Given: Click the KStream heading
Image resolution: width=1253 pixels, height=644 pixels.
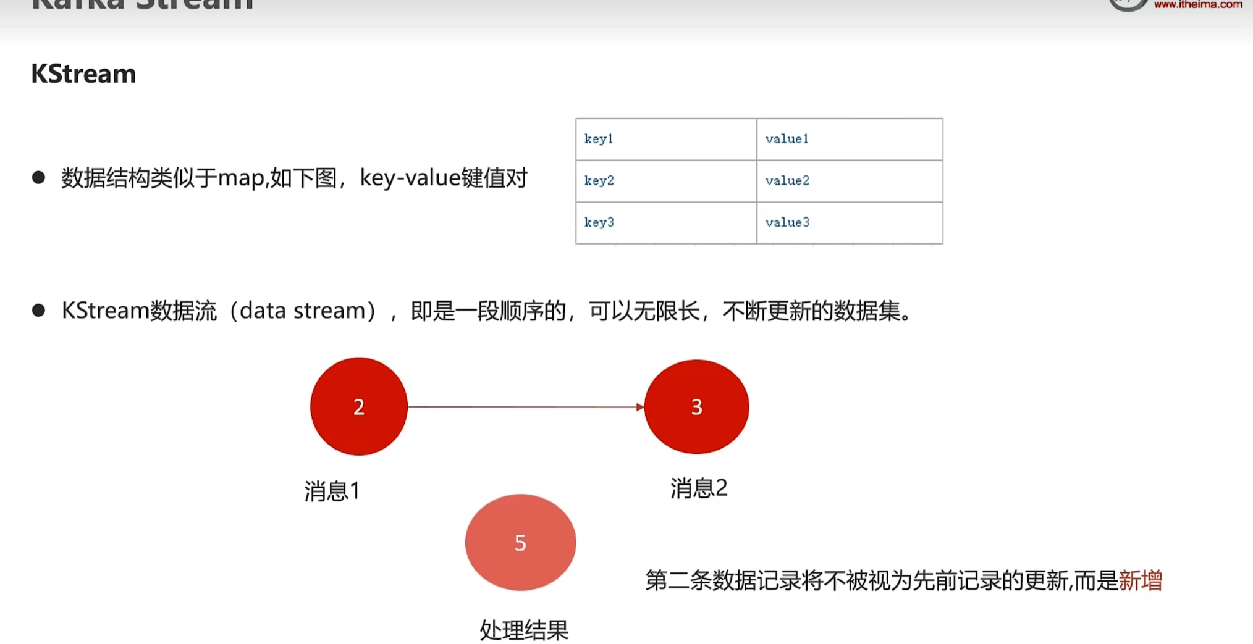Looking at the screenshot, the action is point(83,74).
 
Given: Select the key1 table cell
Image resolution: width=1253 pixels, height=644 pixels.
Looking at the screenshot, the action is point(665,140).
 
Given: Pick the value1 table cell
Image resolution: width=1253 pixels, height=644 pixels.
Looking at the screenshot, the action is point(849,140).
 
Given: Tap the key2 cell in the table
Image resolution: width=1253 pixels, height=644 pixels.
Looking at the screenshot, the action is point(665,181).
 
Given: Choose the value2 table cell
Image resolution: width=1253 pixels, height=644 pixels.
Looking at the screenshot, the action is point(849,181).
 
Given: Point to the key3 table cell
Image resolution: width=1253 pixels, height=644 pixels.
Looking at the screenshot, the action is point(665,222).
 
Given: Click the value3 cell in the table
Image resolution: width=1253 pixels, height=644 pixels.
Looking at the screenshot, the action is point(849,222).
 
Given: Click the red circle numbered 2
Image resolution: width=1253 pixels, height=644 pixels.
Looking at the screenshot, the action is point(359,406).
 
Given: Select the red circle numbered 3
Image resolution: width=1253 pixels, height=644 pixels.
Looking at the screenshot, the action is point(696,406).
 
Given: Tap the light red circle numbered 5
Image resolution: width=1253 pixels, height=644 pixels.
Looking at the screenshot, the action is point(520,542).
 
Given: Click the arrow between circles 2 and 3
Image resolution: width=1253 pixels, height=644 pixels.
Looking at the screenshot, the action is point(525,407).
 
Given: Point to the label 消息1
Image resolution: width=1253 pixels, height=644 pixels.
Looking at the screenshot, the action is point(332,491).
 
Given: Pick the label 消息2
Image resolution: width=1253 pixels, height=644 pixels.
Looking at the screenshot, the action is point(699,488).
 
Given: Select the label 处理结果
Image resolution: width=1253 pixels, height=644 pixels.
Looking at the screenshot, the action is point(524,630).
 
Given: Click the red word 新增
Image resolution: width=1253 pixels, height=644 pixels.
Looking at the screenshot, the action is point(1140,580).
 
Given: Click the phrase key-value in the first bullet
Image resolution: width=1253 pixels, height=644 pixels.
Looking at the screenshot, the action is point(410,178).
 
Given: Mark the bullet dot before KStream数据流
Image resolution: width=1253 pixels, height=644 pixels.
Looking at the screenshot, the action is point(38,310).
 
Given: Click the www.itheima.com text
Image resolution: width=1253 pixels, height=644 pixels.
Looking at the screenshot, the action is point(1197,5).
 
